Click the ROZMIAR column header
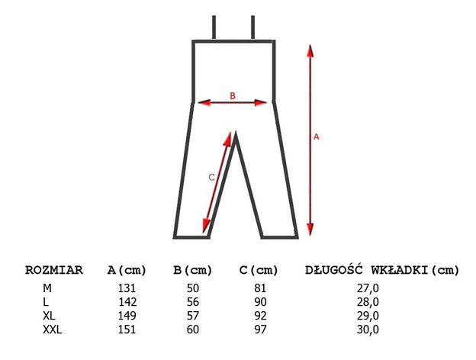54,270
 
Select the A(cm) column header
127,270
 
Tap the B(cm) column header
192,270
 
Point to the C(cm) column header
259,270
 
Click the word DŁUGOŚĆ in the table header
333,269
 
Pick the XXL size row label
52,329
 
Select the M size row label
47,288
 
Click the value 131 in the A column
127,288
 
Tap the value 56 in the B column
193,302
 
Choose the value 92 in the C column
260,316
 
